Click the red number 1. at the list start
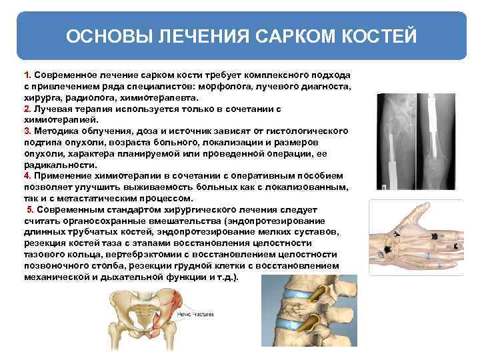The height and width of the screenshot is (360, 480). [27, 75]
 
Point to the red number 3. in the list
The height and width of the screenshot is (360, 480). [27, 130]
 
